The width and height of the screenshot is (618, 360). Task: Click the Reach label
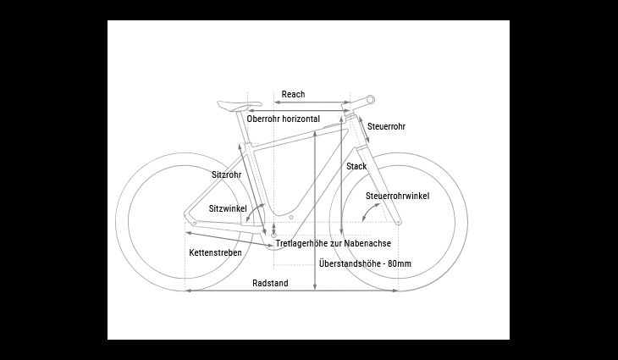pos(293,94)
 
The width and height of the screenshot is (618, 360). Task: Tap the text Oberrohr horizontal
pos(284,119)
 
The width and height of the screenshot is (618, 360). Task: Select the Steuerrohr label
pos(386,126)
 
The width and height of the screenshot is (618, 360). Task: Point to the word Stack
pos(356,166)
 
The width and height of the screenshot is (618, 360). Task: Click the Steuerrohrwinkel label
pos(398,196)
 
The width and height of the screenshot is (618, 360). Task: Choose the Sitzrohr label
pos(227,174)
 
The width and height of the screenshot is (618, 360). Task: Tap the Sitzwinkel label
pos(228,208)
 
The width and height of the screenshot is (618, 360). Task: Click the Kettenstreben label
pos(216,252)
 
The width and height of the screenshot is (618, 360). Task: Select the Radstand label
pos(270,283)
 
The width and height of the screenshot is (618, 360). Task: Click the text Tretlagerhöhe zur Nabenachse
pos(334,243)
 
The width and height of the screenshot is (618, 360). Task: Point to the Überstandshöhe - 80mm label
pos(366,263)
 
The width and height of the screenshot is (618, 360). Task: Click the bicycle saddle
pos(240,105)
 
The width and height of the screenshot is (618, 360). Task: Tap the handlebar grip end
pos(371,99)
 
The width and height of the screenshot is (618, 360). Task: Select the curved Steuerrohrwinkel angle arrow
pos(370,212)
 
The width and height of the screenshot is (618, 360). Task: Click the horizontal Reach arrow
pos(312,102)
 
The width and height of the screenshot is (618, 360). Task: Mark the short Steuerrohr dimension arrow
pos(364,130)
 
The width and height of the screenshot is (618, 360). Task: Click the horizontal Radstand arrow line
pos(292,291)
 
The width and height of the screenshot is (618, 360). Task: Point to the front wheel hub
pos(399,223)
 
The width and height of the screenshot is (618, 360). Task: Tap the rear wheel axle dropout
pos(194,223)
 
